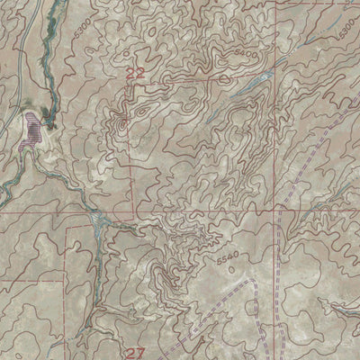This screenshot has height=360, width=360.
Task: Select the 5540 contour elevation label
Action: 229,259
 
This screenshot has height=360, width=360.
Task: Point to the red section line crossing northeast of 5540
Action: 270,216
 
